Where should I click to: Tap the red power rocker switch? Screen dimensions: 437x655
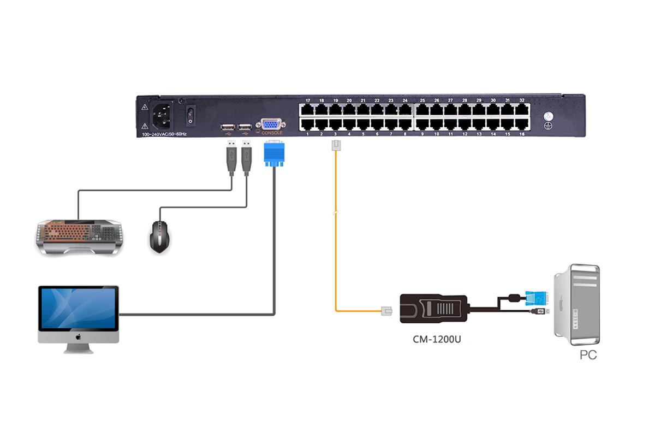(x=190, y=114)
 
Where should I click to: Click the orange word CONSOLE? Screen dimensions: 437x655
(x=272, y=133)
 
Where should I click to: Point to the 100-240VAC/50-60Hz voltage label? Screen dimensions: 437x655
(x=164, y=133)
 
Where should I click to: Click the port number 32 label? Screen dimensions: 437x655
(x=522, y=101)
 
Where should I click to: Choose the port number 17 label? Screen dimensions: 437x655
(x=308, y=101)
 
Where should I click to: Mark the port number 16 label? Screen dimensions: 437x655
(x=522, y=134)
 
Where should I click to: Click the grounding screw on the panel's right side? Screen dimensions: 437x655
(x=550, y=116)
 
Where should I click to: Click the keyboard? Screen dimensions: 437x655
(x=78, y=236)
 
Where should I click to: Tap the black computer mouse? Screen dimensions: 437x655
(x=160, y=235)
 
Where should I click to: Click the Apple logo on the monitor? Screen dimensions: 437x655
(x=78, y=337)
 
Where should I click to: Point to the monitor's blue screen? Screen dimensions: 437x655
(x=78, y=308)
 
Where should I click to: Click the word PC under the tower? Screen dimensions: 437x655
(x=588, y=355)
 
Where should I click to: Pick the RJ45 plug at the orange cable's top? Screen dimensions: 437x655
(x=336, y=146)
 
